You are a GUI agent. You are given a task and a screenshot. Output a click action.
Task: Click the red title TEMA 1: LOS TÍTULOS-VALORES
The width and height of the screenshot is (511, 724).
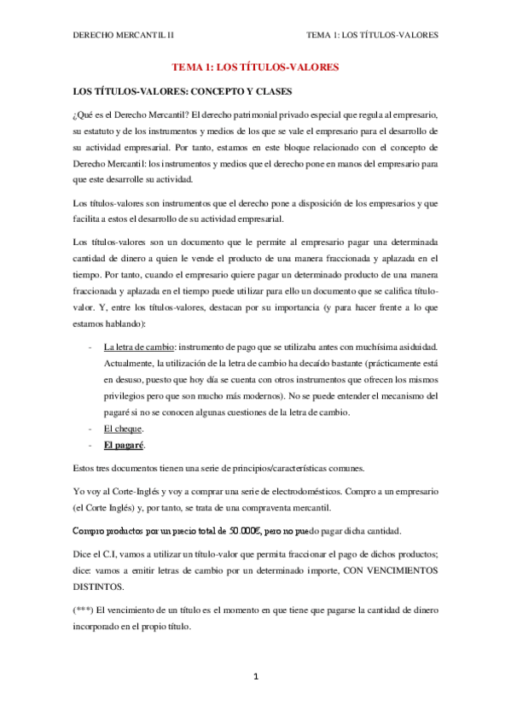[x=255, y=66]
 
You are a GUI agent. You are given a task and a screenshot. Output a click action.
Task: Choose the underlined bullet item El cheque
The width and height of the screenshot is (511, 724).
[x=123, y=429]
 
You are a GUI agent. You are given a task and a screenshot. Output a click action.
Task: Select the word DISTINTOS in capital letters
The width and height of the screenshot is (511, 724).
[x=98, y=587]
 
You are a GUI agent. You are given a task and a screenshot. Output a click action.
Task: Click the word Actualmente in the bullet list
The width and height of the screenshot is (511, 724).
[x=131, y=364]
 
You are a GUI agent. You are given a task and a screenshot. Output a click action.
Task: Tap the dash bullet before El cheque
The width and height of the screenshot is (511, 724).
[x=90, y=429]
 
